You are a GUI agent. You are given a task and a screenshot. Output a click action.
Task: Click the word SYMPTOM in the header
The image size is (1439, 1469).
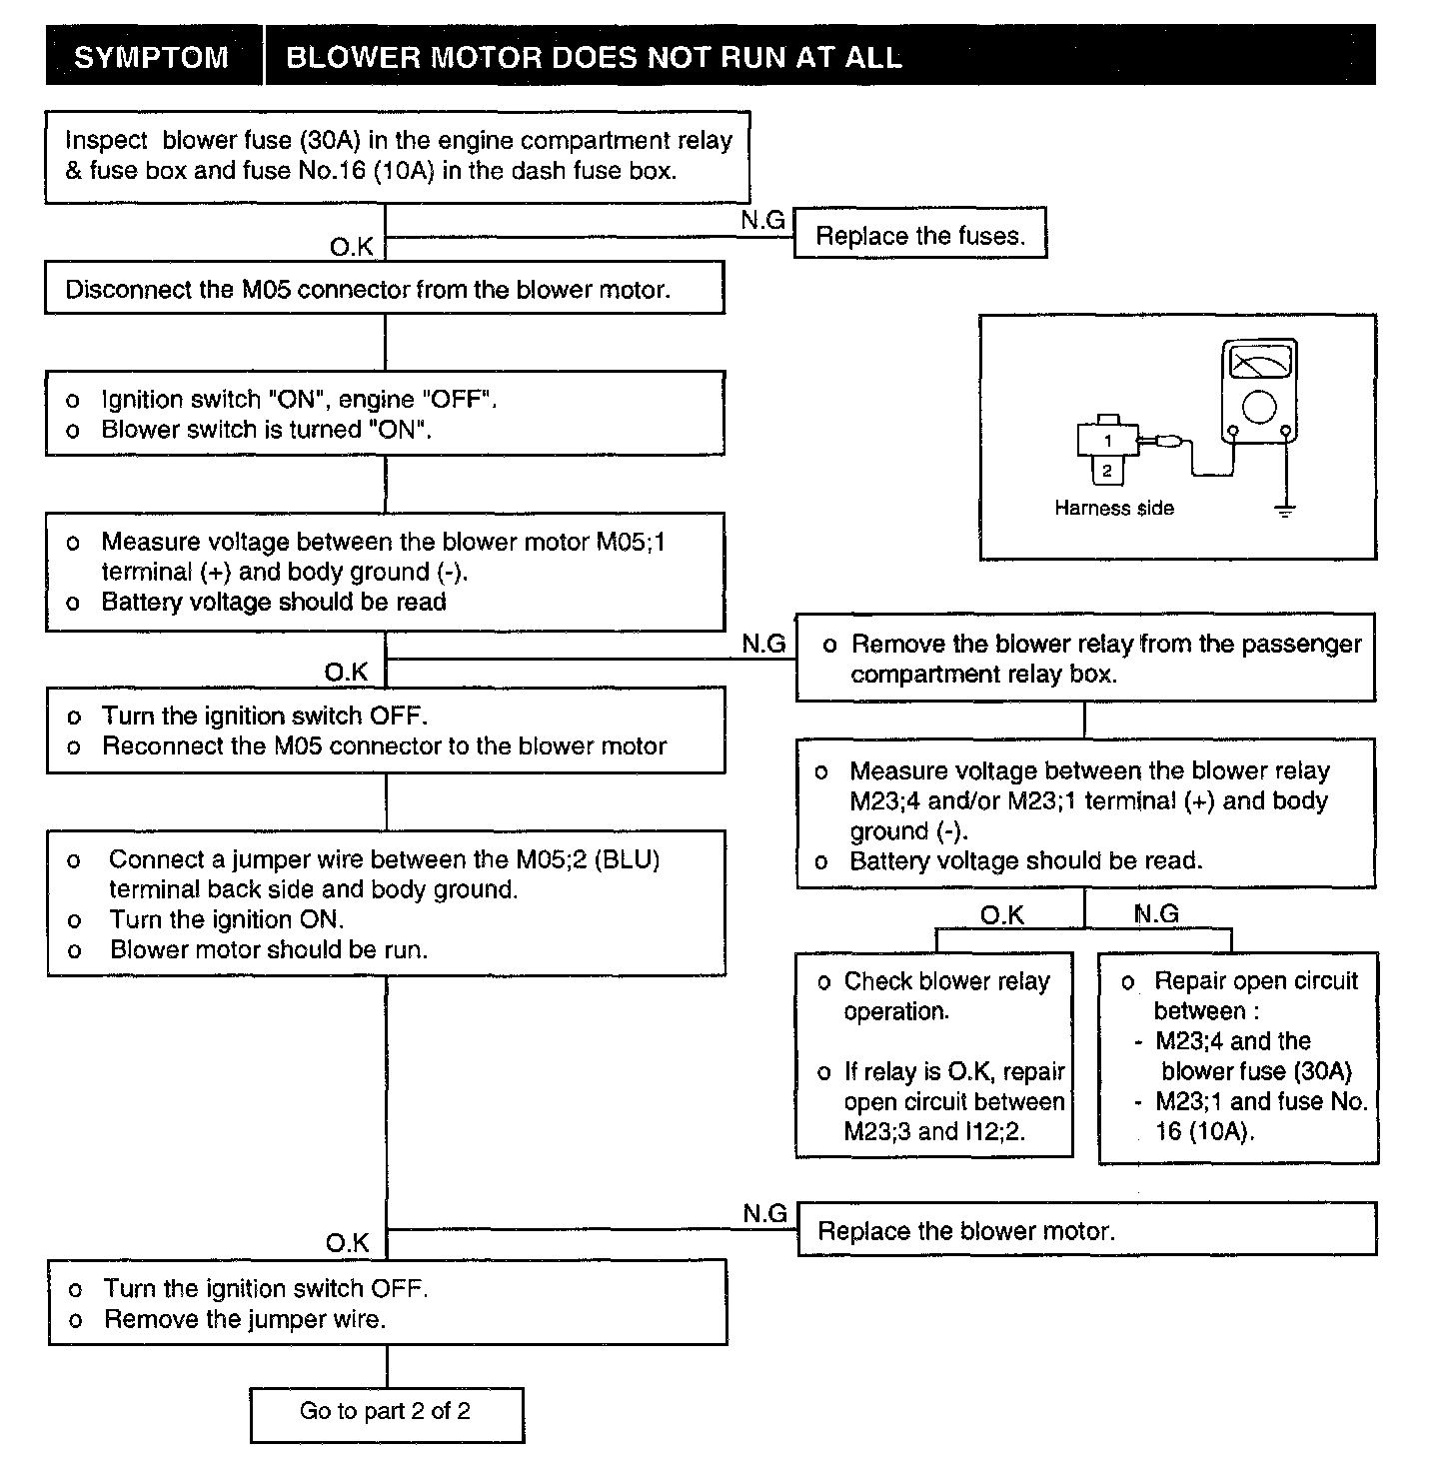pos(151,57)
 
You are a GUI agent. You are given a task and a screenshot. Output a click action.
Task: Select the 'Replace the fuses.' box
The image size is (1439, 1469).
pos(919,236)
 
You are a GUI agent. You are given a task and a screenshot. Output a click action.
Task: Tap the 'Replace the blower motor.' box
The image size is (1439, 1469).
pos(1086,1230)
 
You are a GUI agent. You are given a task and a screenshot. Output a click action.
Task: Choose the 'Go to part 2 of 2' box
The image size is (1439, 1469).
pos(386,1412)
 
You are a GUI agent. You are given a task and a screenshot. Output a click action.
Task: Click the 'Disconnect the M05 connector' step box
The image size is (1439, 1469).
pos(385,289)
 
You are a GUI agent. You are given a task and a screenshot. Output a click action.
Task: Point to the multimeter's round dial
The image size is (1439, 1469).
pos(1259,406)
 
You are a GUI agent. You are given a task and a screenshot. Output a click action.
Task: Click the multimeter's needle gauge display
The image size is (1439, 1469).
pos(1259,361)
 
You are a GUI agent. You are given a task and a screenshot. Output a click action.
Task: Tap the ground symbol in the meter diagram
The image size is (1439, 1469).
pos(1285,511)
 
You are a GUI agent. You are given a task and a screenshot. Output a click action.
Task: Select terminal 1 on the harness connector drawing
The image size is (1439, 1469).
pos(1107,441)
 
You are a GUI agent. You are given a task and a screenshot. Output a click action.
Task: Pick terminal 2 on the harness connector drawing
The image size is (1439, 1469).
pos(1106,470)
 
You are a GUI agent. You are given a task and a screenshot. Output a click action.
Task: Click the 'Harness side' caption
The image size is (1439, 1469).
pos(1113,508)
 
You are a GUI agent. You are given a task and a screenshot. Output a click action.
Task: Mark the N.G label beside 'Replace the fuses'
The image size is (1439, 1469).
pos(763,221)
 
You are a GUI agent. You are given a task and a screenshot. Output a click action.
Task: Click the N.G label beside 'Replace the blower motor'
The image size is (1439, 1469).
pos(764,1213)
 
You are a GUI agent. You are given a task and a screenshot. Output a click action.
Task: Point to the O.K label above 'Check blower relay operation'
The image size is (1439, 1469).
pos(1001,914)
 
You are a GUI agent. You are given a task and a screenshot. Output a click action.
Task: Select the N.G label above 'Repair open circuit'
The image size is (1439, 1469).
pos(1157,913)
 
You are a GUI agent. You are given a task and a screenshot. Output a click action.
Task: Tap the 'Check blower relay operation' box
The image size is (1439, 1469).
pos(933,1055)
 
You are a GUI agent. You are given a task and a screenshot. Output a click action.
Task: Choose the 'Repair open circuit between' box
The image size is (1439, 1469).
pos(1237,1057)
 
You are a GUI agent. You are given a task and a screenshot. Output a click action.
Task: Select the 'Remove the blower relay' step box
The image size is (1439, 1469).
pos(1085,659)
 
